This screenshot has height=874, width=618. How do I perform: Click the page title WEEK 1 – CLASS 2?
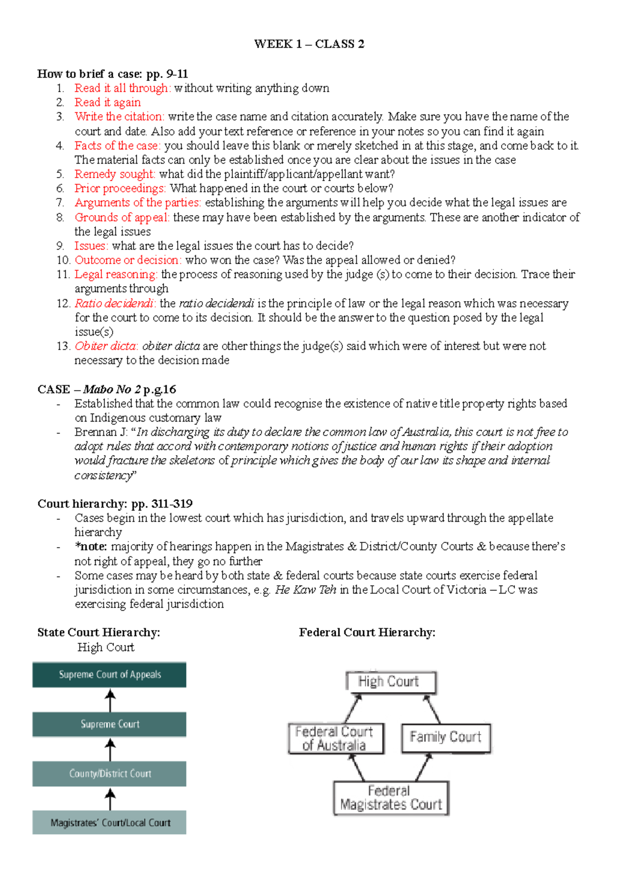[309, 44]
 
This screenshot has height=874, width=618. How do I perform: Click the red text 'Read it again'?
[107, 102]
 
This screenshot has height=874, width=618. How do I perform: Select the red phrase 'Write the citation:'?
[119, 117]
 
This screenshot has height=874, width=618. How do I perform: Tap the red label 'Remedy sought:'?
[114, 174]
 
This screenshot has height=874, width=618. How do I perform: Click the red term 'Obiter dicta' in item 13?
[105, 346]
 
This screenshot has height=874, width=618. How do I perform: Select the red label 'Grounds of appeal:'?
[122, 217]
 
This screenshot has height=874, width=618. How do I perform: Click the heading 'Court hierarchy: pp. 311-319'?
[115, 503]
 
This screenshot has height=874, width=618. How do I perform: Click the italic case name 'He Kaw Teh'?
[305, 589]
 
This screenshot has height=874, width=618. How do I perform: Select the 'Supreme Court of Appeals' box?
[109, 675]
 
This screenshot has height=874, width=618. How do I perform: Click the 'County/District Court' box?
[109, 774]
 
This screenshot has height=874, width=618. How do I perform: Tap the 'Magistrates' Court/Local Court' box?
[109, 823]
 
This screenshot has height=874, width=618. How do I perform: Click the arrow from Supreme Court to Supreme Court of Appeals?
[110, 701]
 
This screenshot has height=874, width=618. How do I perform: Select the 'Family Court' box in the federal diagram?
[445, 737]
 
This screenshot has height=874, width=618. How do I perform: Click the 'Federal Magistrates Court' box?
[390, 798]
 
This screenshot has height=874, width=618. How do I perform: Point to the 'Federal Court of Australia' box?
[335, 738]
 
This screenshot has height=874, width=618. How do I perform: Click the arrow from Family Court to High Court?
[432, 709]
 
